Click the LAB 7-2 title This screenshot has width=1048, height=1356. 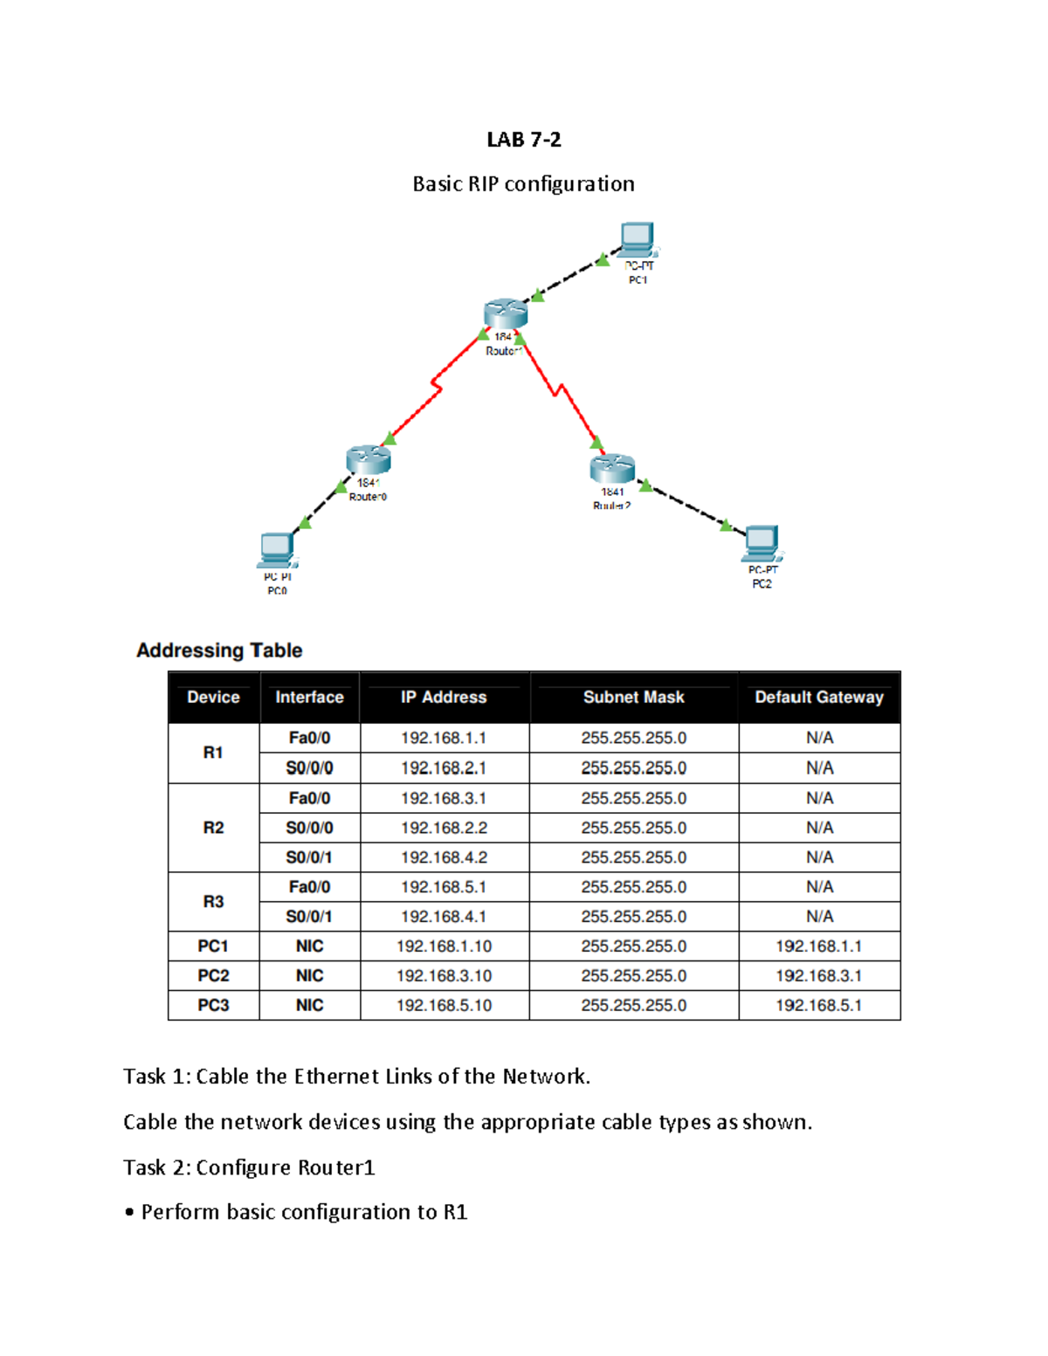pyautogui.click(x=523, y=140)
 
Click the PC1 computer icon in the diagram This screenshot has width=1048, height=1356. pyautogui.click(x=637, y=238)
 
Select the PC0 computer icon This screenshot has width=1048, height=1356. pyautogui.click(x=277, y=550)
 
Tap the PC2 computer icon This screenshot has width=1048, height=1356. pyautogui.click(x=762, y=543)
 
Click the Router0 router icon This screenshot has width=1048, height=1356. pyautogui.click(x=368, y=459)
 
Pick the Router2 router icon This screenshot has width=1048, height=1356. pyautogui.click(x=612, y=468)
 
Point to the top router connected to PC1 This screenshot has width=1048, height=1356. pyautogui.click(x=505, y=313)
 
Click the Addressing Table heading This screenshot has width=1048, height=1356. pyautogui.click(x=219, y=650)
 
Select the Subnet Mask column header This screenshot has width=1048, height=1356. pyautogui.click(x=633, y=698)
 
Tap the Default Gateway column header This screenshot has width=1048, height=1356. pyautogui.click(x=818, y=698)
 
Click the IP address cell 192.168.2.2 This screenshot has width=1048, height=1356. pyautogui.click(x=444, y=828)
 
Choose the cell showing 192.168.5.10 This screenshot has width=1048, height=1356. pyautogui.click(x=444, y=1006)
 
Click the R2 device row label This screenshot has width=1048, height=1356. pyautogui.click(x=213, y=828)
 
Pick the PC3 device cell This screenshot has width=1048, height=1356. pyautogui.click(x=213, y=1006)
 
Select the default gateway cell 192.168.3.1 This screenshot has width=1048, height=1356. pyautogui.click(x=818, y=976)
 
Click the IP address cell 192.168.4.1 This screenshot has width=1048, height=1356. pyautogui.click(x=444, y=917)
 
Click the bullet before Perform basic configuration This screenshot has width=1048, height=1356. pyautogui.click(x=129, y=1213)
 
